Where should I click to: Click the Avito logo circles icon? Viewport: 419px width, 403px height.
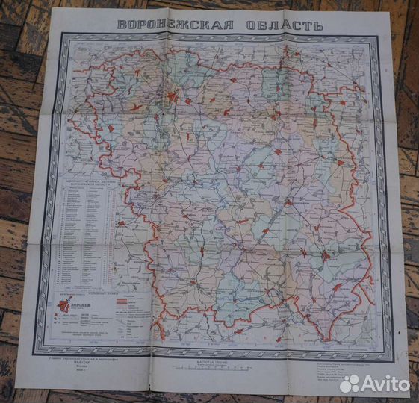pyautogui.click(x=350, y=383)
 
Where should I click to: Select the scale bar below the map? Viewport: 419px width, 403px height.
pyautogui.click(x=217, y=369)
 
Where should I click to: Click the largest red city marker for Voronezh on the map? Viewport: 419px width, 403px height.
pyautogui.click(x=173, y=97)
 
